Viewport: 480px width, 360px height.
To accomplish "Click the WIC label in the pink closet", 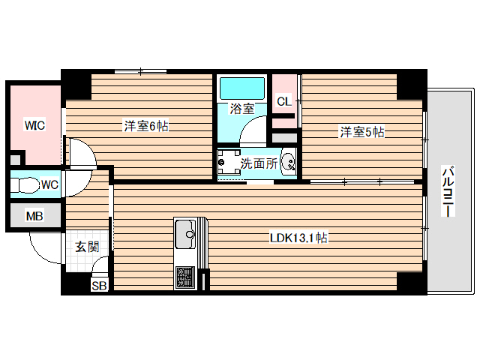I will point(34,125).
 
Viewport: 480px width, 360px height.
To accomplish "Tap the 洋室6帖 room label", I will point(145,127).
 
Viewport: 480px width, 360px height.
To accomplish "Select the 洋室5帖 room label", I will point(362,133).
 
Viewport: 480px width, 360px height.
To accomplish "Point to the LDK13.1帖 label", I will point(298,238).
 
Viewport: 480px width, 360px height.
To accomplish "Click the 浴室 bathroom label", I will point(241,109).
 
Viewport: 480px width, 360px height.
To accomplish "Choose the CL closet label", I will point(283,100).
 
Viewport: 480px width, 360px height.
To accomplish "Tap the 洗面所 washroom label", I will point(259,162).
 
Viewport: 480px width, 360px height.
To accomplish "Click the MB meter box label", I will point(34,217).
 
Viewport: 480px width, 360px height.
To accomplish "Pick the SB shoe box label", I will point(99,286).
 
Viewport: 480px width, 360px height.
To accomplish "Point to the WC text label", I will point(49,184).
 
